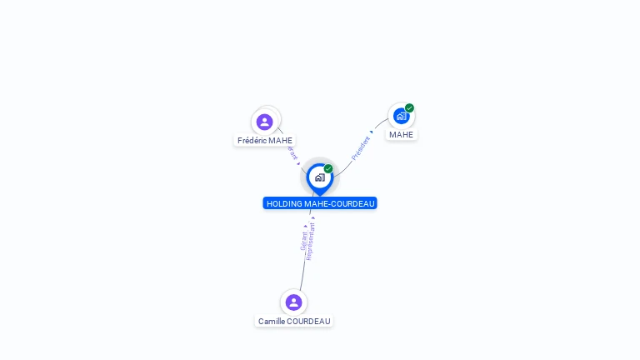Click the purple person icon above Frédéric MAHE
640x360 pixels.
click(x=265, y=122)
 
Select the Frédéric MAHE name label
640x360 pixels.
click(x=265, y=141)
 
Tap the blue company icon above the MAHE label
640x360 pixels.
click(x=401, y=116)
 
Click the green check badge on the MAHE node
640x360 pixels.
click(x=409, y=107)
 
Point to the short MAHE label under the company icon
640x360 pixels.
click(x=401, y=135)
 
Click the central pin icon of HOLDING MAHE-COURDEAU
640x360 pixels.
click(x=319, y=177)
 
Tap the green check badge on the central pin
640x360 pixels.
click(x=328, y=169)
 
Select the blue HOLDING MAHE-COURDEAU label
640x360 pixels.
click(x=320, y=203)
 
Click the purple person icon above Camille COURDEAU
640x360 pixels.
click(x=293, y=302)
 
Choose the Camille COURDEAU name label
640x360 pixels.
click(x=294, y=322)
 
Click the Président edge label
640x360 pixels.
click(x=361, y=147)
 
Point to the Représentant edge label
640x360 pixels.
click(x=311, y=242)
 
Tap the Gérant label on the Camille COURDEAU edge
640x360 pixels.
click(x=303, y=240)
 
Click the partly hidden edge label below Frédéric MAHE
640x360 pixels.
click(x=292, y=154)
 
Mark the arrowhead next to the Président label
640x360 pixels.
click(x=372, y=132)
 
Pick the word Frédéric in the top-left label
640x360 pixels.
click(x=252, y=141)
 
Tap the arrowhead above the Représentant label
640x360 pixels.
click(x=312, y=218)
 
